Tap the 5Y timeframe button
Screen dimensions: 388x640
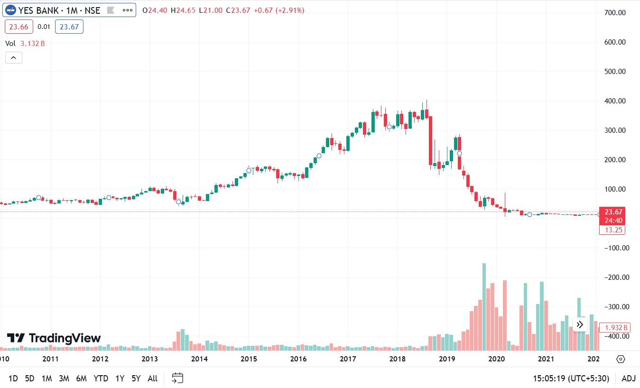tap(136, 379)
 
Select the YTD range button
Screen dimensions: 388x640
tap(101, 379)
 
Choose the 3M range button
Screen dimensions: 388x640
tap(64, 379)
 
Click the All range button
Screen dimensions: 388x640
tap(152, 379)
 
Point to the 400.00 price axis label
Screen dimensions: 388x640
tap(615, 101)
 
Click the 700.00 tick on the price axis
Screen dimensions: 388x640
tap(615, 13)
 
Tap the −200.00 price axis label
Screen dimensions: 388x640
tap(614, 277)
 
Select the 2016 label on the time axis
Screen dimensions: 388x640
tap(298, 359)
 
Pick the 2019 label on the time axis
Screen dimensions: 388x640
tap(447, 359)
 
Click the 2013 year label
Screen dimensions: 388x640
tap(150, 359)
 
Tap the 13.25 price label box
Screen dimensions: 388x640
tap(612, 230)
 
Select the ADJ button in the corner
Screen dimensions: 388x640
tap(628, 379)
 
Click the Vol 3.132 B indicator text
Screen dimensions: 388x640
tap(25, 44)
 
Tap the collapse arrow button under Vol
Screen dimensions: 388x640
tap(13, 58)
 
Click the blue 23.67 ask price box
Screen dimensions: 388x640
tap(69, 27)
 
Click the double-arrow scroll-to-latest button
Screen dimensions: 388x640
tap(579, 325)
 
